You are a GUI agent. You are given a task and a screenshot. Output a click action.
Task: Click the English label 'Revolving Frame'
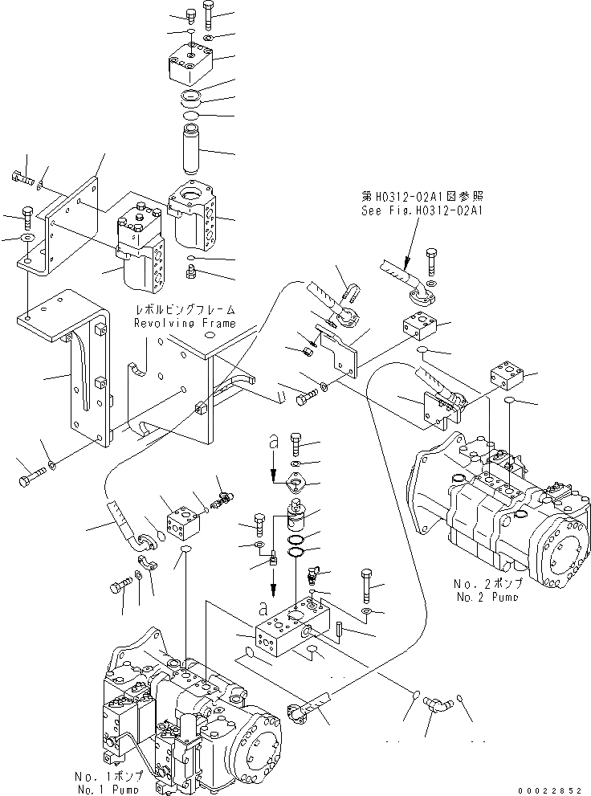click(185, 323)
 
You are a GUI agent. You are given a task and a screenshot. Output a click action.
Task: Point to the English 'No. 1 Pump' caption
click(109, 789)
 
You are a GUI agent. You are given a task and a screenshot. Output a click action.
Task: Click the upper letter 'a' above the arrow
click(274, 442)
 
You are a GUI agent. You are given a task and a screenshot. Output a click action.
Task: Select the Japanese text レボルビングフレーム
click(186, 309)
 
